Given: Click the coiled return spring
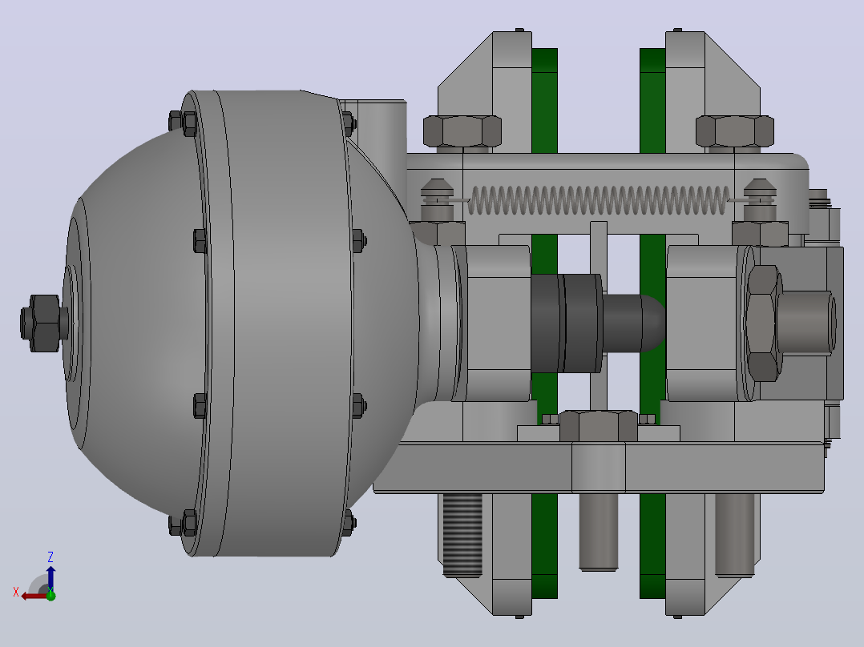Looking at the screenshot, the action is [599, 200].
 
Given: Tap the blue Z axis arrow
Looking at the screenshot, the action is [50, 577].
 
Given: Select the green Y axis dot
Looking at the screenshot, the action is [50, 595].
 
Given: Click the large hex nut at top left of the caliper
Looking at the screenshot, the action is [462, 131].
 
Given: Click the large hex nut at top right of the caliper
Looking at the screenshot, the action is [734, 131].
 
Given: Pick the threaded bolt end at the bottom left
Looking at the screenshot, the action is [462, 535].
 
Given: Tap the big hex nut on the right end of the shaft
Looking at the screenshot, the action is [763, 323].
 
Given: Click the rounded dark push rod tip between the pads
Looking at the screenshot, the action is [634, 323].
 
